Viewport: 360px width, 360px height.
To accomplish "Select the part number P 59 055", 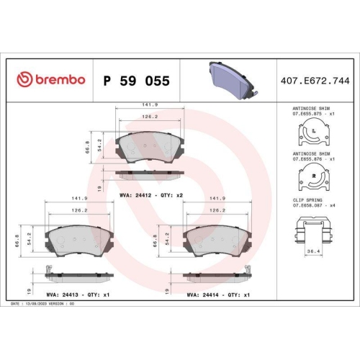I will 137,81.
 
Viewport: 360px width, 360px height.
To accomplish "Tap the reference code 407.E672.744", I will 315,81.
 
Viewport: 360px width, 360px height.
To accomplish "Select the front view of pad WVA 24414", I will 215,239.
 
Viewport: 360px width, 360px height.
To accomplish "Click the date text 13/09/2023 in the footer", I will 37,305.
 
